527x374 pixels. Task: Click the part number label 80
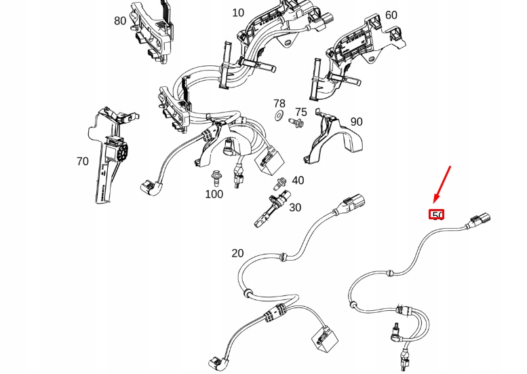click(x=120, y=21)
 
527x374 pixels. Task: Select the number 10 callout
click(x=238, y=13)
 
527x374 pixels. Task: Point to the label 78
click(x=279, y=104)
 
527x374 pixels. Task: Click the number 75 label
click(x=300, y=112)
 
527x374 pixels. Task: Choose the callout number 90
click(x=356, y=122)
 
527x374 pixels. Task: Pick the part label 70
click(x=83, y=162)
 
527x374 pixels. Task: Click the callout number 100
click(x=214, y=194)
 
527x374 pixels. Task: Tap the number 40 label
click(x=298, y=181)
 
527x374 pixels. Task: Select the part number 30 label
click(x=295, y=208)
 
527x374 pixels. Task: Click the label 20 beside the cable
click(x=237, y=253)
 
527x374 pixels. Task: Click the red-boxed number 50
click(x=437, y=215)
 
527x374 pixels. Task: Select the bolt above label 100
click(x=215, y=176)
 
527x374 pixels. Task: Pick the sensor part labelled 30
click(x=269, y=210)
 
